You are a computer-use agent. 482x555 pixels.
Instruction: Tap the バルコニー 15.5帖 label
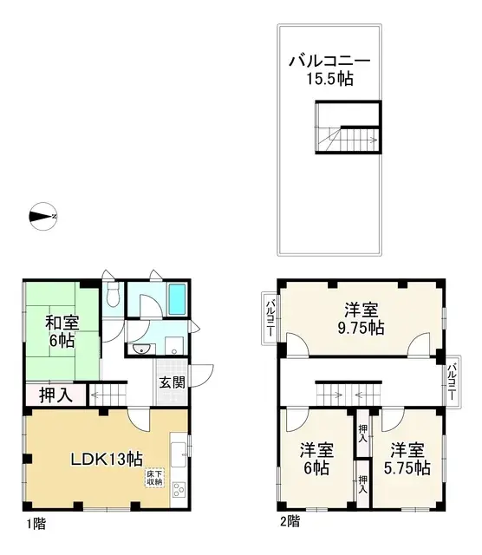click(x=329, y=70)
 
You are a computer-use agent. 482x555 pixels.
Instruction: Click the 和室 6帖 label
click(x=62, y=332)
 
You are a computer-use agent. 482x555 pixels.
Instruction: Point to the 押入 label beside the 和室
click(x=55, y=395)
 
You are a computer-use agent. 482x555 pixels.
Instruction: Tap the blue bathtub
click(x=176, y=300)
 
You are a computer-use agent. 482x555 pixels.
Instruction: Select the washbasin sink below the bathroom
click(x=141, y=349)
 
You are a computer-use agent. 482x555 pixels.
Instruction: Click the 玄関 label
click(x=172, y=382)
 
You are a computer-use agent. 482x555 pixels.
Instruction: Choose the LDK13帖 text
click(x=106, y=459)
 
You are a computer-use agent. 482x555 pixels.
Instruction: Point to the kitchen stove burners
click(x=179, y=491)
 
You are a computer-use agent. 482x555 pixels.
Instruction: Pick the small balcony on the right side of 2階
click(x=453, y=379)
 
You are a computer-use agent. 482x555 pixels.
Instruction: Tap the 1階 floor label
click(x=36, y=524)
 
